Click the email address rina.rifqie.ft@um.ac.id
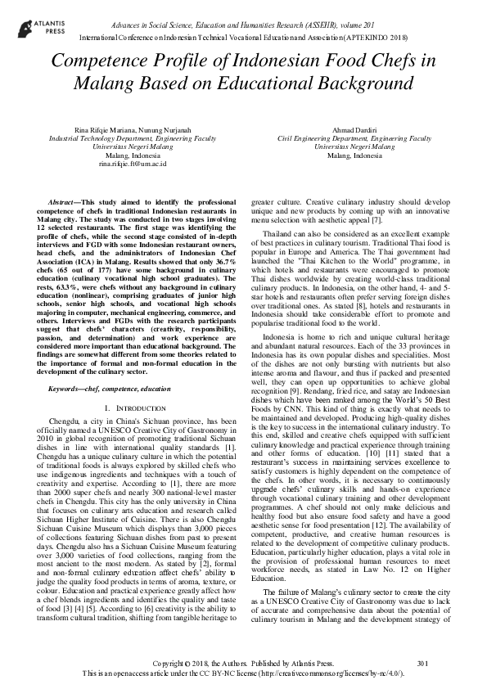132,164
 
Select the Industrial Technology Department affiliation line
132,139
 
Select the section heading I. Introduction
132,407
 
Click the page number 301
422,661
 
